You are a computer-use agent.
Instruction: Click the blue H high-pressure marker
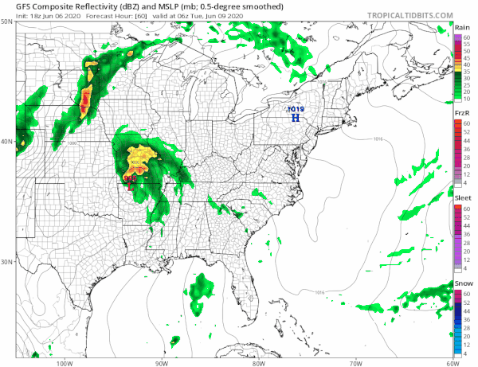(x=296, y=118)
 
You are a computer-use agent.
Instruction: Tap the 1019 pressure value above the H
(x=296, y=109)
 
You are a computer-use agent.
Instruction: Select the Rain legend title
(x=460, y=28)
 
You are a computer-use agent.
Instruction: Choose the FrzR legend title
(x=460, y=115)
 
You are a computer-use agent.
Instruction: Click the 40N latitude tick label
(x=7, y=142)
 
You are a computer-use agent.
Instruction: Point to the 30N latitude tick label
(x=7, y=262)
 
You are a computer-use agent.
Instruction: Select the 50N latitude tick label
(x=7, y=22)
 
